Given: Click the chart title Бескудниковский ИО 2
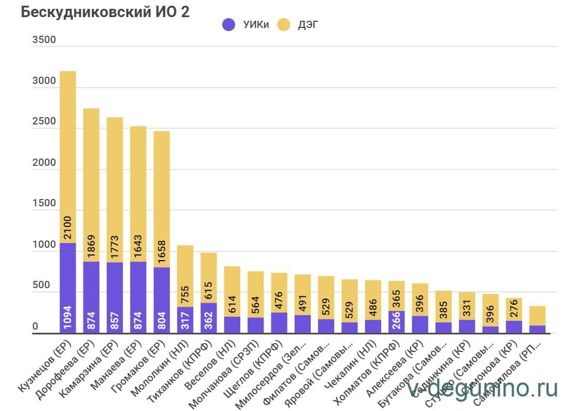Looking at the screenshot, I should (105, 12).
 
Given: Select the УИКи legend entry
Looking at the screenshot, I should (246, 24).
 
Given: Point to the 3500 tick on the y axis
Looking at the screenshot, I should (44, 40).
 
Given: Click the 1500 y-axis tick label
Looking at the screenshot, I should (44, 204).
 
